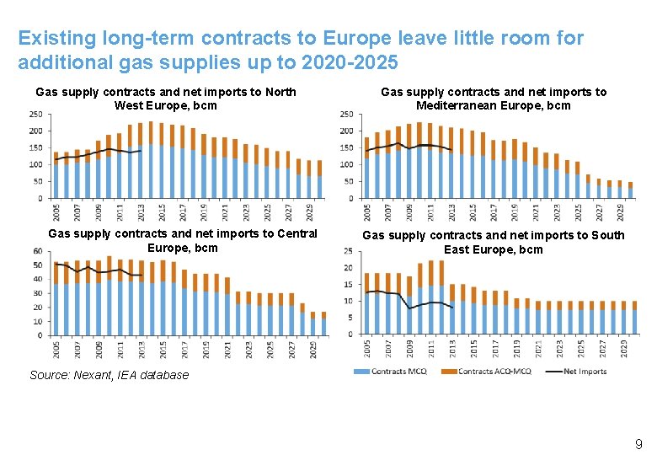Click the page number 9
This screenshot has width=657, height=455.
click(638, 443)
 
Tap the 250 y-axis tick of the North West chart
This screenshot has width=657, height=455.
click(36, 115)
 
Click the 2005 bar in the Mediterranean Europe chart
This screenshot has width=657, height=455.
click(367, 173)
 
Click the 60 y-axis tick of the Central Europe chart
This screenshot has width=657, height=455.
click(38, 252)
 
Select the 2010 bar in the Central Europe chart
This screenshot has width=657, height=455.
click(109, 303)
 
